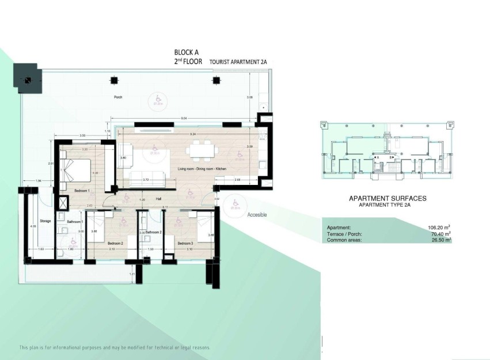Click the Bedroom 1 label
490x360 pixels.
[x=82, y=190]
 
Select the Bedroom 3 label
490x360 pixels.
[x=185, y=243]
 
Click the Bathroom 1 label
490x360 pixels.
[x=75, y=222]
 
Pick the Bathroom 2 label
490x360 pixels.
[x=153, y=232]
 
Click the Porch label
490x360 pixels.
[x=118, y=97]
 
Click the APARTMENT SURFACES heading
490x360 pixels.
[x=388, y=198]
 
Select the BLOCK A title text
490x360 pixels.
[x=187, y=52]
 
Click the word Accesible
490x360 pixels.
[x=257, y=215]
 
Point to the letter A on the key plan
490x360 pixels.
[x=377, y=157]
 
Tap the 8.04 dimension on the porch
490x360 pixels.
[x=184, y=118]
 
